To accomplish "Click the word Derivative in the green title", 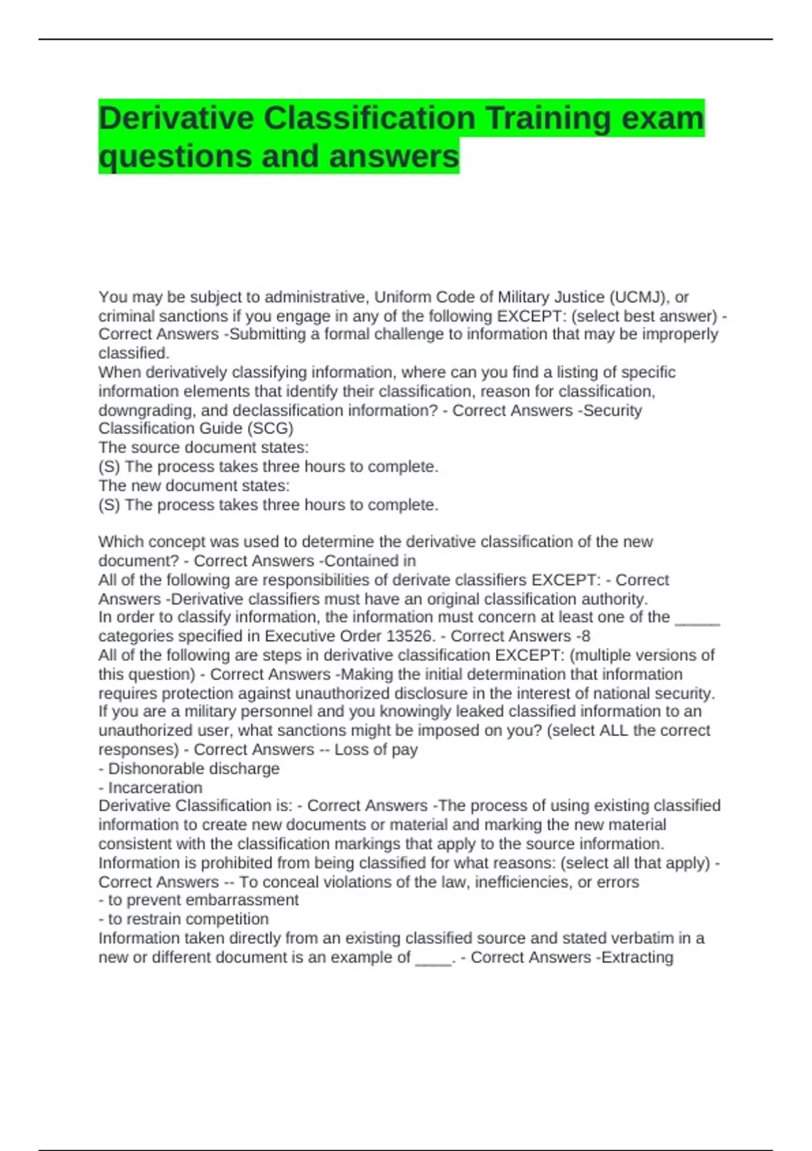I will pyautogui.click(x=176, y=118).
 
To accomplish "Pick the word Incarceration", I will pyautogui.click(x=155, y=787).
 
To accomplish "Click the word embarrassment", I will pyautogui.click(x=242, y=900).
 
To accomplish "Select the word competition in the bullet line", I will pyautogui.click(x=227, y=919).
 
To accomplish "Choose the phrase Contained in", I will pyautogui.click(x=370, y=561).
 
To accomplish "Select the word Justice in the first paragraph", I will pyautogui.click(x=579, y=297).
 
